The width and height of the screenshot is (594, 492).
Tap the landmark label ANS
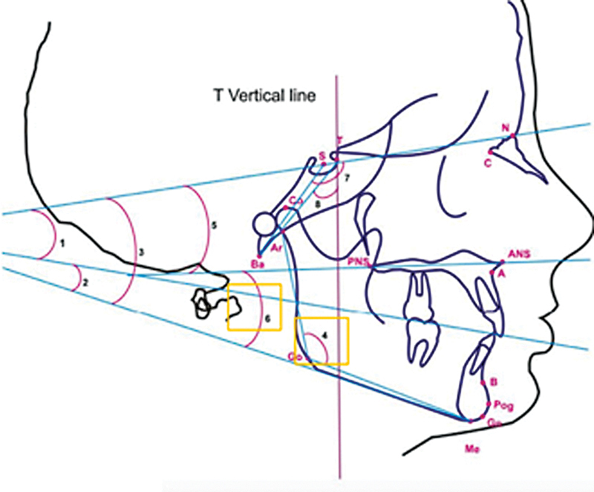[518, 254]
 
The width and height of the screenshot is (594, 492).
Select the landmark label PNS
[358, 262]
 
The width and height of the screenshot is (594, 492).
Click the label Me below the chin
[469, 448]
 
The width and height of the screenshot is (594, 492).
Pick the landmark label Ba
[258, 264]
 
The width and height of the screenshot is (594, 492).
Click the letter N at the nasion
[506, 128]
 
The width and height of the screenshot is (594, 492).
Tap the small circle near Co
[264, 222]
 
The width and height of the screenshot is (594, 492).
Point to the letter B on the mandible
[493, 383]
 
